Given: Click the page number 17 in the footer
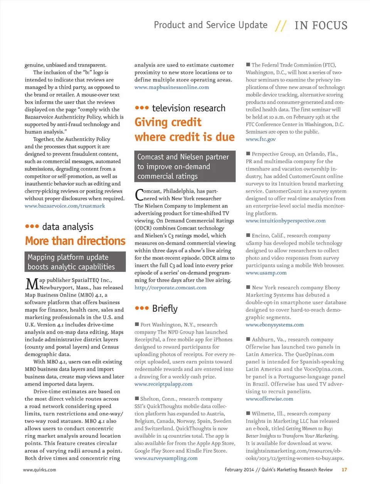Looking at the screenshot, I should pyautogui.click(x=344, y=470).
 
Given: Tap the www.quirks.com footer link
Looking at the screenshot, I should pyautogui.click(x=39, y=470).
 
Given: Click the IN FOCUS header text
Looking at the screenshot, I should pyautogui.click(x=321, y=25).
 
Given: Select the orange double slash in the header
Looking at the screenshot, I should pyautogui.click(x=281, y=26).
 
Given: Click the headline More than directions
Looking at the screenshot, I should pyautogui.click(x=75, y=241).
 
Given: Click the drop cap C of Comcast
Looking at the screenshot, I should pyautogui.click(x=139, y=194).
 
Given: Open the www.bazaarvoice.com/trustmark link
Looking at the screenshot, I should pyautogui.click(x=65, y=206).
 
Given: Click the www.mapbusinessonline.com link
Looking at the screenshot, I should pyautogui.click(x=172, y=87).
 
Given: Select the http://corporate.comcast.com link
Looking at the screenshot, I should pyautogui.click(x=170, y=288).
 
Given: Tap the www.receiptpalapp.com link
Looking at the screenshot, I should pyautogui.click(x=163, y=384).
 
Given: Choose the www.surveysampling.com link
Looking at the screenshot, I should pyautogui.click(x=166, y=459).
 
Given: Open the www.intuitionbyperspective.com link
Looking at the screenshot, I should pyautogui.click(x=286, y=221).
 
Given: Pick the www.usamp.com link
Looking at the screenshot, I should pyautogui.click(x=266, y=273).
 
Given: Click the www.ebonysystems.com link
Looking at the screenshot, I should pyautogui.click(x=274, y=325).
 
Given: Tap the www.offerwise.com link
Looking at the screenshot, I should pyautogui.click(x=269, y=399).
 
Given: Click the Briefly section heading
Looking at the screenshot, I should pyautogui.click(x=165, y=309).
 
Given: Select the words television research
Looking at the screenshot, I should pyautogui.click(x=188, y=108).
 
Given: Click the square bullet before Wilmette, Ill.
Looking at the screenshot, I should pyautogui.click(x=248, y=413).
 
